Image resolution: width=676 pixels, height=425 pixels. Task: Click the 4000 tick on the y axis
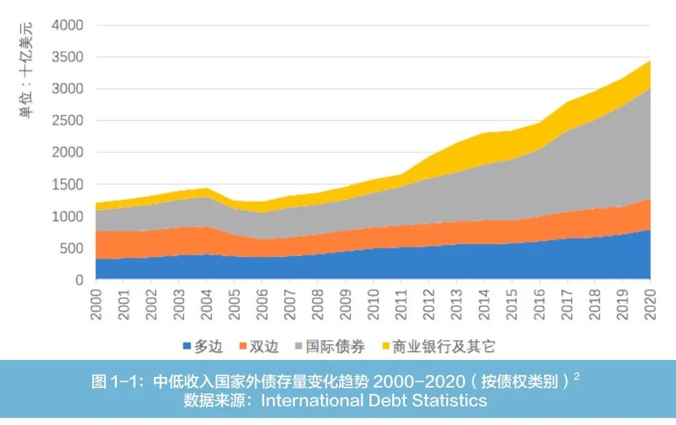(67, 25)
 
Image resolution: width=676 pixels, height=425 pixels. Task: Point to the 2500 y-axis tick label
(67, 121)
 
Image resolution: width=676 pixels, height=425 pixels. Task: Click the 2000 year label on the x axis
(96, 302)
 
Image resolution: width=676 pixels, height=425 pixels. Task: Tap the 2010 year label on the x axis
(374, 302)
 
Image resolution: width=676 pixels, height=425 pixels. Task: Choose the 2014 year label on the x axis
(484, 302)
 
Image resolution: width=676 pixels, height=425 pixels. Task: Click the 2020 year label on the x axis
(651, 302)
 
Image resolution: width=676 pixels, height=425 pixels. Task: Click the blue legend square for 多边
(186, 346)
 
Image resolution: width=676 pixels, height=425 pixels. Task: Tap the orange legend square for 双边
(242, 346)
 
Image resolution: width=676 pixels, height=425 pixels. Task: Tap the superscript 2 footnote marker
(576, 376)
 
